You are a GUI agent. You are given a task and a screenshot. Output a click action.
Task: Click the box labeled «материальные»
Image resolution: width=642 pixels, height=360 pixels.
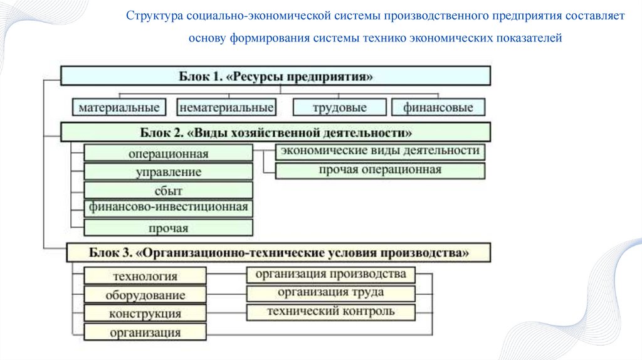point(118,108)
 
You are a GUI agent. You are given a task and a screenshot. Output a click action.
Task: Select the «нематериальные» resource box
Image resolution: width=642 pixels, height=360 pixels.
point(226,108)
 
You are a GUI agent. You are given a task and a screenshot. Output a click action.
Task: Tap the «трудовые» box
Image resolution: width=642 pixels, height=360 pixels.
point(339,108)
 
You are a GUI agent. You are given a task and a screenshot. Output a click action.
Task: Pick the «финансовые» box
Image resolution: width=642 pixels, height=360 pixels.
point(438,108)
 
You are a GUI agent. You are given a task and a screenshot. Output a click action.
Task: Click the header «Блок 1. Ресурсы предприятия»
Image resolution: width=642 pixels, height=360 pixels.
point(275,77)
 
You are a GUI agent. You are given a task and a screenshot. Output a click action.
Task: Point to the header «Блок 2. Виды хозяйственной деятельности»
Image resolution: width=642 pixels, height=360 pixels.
point(275,133)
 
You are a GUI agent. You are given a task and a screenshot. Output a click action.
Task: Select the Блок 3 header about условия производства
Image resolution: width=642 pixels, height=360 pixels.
point(278,253)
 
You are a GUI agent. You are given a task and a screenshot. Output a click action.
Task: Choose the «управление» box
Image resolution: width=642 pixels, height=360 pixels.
point(168,172)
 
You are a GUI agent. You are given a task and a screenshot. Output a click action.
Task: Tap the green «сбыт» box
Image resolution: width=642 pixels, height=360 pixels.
point(168,191)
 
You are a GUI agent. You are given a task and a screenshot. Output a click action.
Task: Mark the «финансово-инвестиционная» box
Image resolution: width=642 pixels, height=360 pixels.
point(168,207)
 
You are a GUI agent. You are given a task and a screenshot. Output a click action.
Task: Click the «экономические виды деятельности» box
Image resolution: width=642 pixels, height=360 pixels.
point(380,151)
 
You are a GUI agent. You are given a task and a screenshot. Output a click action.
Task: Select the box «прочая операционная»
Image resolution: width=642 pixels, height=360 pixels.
point(380,170)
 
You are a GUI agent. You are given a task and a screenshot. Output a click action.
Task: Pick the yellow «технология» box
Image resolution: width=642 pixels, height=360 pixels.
point(145,276)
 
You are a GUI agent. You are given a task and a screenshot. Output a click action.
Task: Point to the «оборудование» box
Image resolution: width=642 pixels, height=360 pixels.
point(145,295)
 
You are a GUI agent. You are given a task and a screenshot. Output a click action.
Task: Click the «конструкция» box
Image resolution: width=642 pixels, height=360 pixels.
point(145,313)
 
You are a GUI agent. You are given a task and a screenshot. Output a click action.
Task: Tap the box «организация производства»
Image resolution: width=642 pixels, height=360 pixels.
point(330,275)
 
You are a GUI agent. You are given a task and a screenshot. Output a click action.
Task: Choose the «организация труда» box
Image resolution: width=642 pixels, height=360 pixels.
point(330,293)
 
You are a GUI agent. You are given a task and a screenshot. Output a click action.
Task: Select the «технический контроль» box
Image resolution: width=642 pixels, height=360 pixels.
point(330,312)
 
